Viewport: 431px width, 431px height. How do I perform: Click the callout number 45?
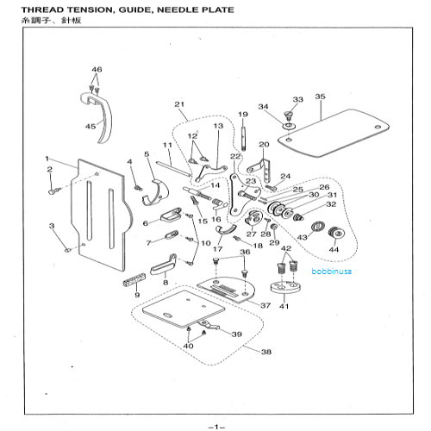91,126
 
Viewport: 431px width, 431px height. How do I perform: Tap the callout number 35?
320,97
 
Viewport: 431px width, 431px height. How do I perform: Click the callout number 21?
179,105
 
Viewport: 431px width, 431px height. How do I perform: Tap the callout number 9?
136,296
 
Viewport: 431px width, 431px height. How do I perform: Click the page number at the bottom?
215,425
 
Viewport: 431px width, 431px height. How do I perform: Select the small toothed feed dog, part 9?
133,280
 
